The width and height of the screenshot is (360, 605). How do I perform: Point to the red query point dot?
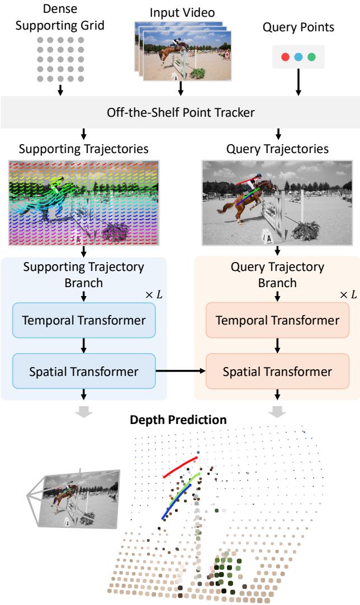click(286, 57)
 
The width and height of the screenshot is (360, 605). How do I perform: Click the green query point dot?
click(311, 57)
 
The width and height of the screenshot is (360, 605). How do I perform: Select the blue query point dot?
click(299, 57)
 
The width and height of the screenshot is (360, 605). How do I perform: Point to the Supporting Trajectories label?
click(83, 149)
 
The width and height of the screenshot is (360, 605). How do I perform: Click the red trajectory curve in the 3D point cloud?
click(180, 466)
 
